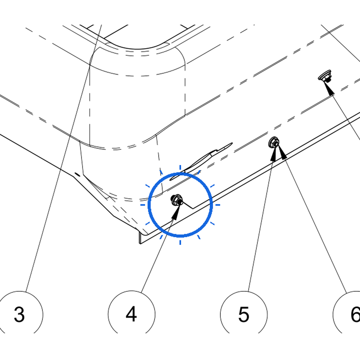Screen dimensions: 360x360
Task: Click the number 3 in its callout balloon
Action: click(19, 314)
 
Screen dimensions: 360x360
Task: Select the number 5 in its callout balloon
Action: click(244, 314)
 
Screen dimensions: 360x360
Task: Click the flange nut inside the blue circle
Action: click(177, 200)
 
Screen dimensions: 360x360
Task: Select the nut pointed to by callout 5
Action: click(274, 142)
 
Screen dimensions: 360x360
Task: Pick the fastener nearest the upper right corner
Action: click(325, 76)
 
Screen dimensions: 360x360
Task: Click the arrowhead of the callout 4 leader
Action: click(176, 213)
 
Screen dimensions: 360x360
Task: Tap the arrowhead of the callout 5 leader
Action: click(273, 154)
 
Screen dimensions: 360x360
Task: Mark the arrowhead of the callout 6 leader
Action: click(283, 152)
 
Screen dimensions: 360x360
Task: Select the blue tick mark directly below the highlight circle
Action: click(180, 242)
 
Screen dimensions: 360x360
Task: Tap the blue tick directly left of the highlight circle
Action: click(143, 205)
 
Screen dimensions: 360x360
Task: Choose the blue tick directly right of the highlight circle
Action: click(218, 205)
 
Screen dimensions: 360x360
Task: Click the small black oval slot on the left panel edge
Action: click(77, 174)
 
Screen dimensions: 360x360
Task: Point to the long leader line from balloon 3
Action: click(64, 159)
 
